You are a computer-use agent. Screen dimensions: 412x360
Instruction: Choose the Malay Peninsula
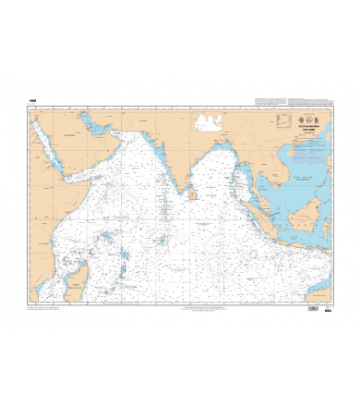click(x=264, y=177)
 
